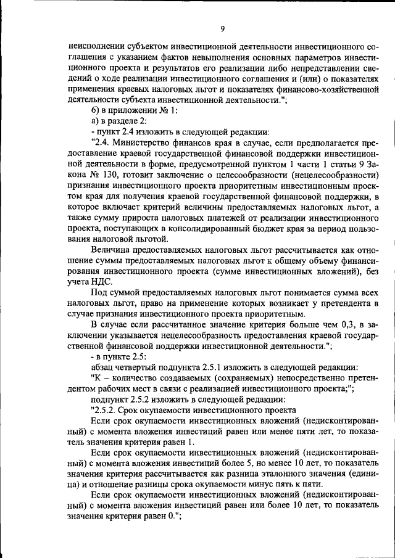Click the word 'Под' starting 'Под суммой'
[x=99, y=292]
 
